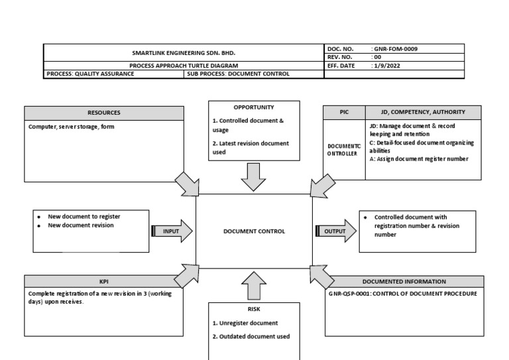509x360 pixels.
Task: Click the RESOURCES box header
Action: tap(104, 113)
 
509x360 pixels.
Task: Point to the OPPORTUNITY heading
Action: tap(254, 107)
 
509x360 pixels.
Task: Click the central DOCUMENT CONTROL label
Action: tap(254, 231)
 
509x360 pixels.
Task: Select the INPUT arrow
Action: tap(172, 231)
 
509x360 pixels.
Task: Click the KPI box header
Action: tap(104, 281)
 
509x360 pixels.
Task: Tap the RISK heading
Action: tap(254, 308)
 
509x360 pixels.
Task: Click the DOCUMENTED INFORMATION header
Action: tap(404, 281)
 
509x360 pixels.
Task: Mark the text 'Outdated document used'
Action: tap(251, 336)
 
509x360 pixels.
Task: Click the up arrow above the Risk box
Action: tap(254, 286)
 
